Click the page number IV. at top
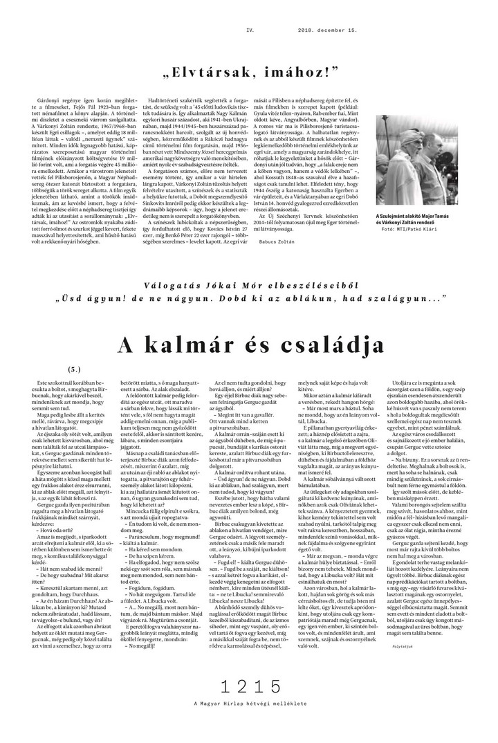point(250,11)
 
